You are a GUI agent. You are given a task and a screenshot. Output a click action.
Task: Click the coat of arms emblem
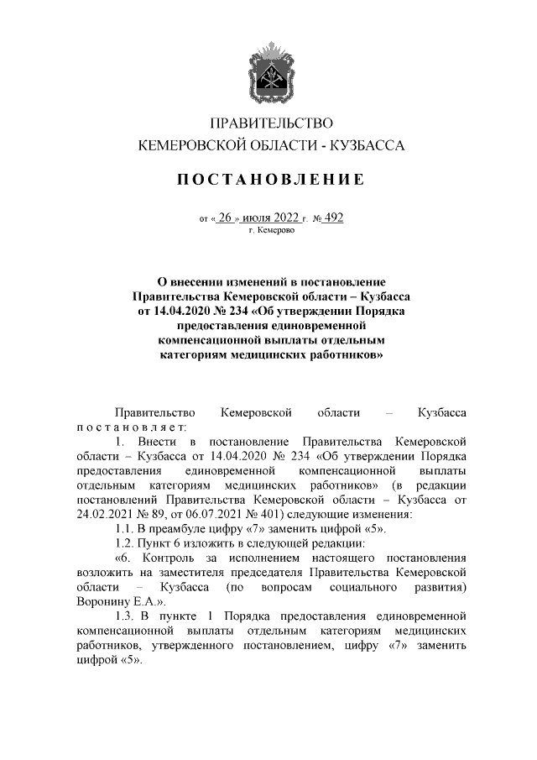pos(268,74)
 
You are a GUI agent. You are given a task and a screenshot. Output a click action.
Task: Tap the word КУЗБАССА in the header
pos(366,145)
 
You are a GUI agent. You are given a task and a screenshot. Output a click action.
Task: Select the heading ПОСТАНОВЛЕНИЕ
pos(269,180)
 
